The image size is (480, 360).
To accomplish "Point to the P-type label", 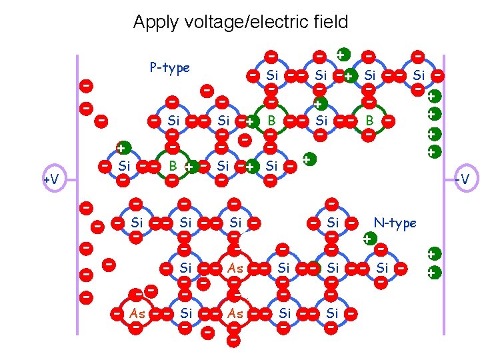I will coord(169,67).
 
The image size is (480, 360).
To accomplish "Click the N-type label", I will coord(395,223).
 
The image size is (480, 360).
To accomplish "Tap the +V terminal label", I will coord(51,179).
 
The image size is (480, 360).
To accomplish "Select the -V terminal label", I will coord(461,179).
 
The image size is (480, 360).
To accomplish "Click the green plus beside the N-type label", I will coord(367,238).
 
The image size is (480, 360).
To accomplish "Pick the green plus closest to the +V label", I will coord(122,148).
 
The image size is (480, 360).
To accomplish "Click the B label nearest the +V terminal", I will coord(172,165).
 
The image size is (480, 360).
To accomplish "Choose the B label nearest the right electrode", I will coord(369,121).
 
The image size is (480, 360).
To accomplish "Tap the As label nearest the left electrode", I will coord(138,313).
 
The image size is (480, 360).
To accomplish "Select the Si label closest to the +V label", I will coord(123,165).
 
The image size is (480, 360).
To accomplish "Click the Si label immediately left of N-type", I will coord(333,223).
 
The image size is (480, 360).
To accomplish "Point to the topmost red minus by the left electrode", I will coord(86,85).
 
